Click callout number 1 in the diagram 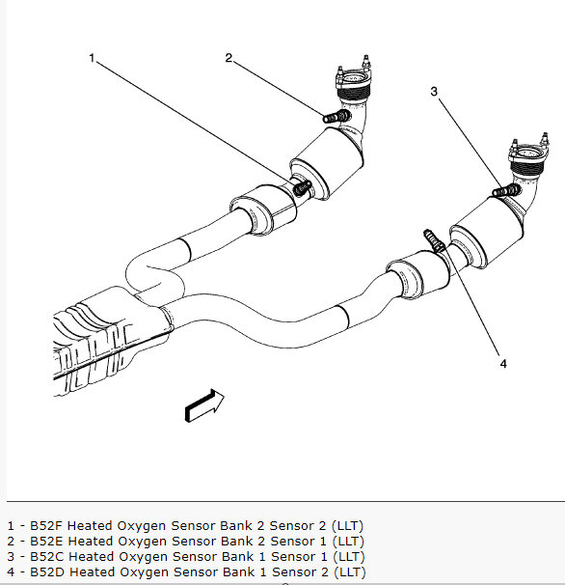coord(93,58)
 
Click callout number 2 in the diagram coord(229,58)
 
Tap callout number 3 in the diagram coord(435,92)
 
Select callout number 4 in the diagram coord(502,363)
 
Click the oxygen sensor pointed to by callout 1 coord(303,185)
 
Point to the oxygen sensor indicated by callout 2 coord(334,117)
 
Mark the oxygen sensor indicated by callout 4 coord(431,237)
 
